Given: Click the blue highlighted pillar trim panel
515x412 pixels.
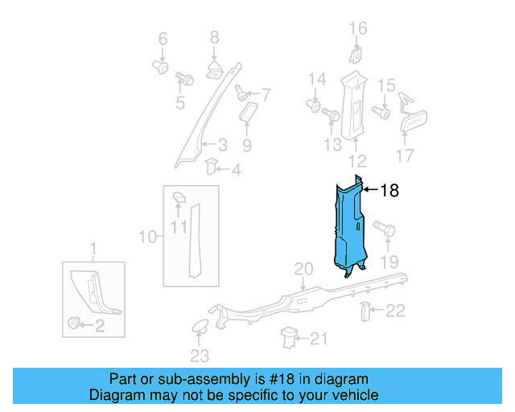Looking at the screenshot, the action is click(x=348, y=229).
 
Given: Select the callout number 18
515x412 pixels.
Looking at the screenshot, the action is click(x=389, y=191).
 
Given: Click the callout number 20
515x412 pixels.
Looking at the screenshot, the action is click(x=303, y=269).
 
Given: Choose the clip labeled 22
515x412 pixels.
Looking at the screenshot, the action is click(x=365, y=311).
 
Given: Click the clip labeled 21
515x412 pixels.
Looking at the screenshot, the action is click(x=288, y=338).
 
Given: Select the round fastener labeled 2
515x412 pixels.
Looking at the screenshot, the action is click(x=76, y=323).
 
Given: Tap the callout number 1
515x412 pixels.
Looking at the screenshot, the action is click(x=93, y=246).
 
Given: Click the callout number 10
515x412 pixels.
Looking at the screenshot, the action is click(x=147, y=237).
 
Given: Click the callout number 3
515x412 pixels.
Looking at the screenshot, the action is click(x=223, y=145).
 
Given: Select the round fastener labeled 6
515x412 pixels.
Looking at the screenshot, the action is click(x=159, y=67).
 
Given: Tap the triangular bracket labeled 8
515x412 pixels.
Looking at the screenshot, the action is click(x=215, y=67).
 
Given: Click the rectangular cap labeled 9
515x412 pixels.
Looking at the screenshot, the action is click(x=247, y=110).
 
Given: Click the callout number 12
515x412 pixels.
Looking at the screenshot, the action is click(x=356, y=160).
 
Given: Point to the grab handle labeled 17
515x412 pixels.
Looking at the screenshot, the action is click(x=413, y=123).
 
